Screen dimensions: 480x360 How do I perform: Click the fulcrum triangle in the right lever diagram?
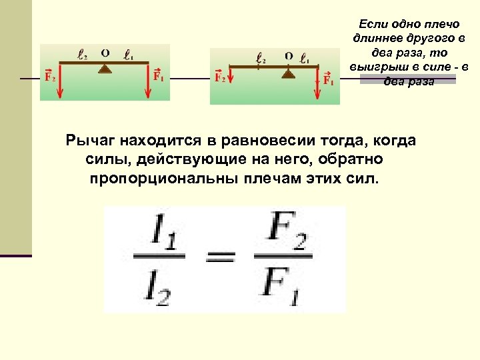pos(288,74)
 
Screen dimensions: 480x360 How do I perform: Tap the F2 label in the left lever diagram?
pos(49,76)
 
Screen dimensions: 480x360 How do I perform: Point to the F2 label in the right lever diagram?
pos(220,77)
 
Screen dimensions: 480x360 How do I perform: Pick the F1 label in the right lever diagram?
pos(328,79)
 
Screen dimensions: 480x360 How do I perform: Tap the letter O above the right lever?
pos(288,57)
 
